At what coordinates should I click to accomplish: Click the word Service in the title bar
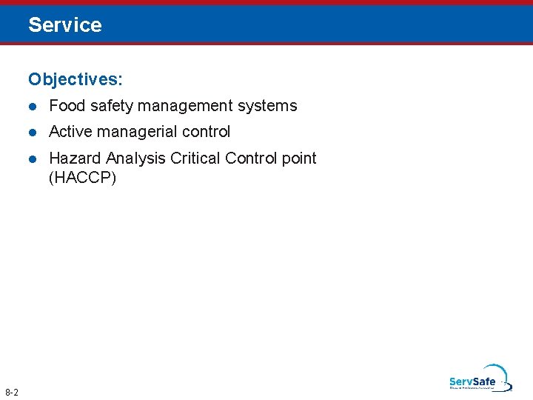click(65, 25)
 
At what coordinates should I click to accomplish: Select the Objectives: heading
click(76, 78)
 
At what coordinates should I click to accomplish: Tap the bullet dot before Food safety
click(33, 107)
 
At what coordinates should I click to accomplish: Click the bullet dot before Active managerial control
click(33, 133)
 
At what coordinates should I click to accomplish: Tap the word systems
click(267, 107)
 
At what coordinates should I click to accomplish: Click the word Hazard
click(75, 159)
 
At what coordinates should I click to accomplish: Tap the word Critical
click(195, 159)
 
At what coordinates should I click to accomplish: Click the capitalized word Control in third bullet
click(250, 159)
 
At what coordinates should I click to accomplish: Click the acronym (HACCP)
click(82, 178)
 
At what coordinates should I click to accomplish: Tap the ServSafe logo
click(478, 379)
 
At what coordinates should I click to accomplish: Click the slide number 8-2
click(12, 391)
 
